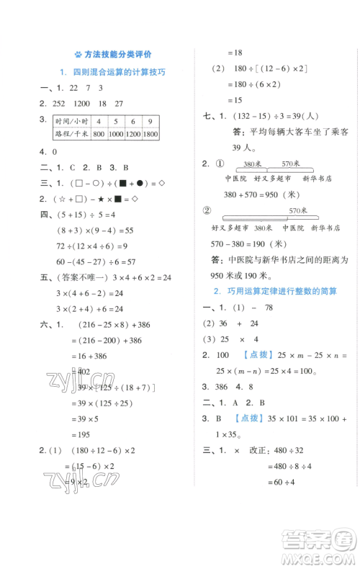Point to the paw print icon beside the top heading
click(76, 54)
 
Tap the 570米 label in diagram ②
click(298, 210)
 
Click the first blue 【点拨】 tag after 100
click(260, 354)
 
